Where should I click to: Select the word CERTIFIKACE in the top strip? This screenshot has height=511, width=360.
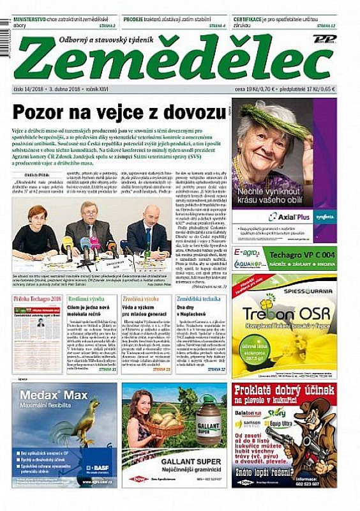252,20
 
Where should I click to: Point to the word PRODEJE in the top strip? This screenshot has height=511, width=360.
135,20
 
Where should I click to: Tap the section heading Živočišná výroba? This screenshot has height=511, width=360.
141,299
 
